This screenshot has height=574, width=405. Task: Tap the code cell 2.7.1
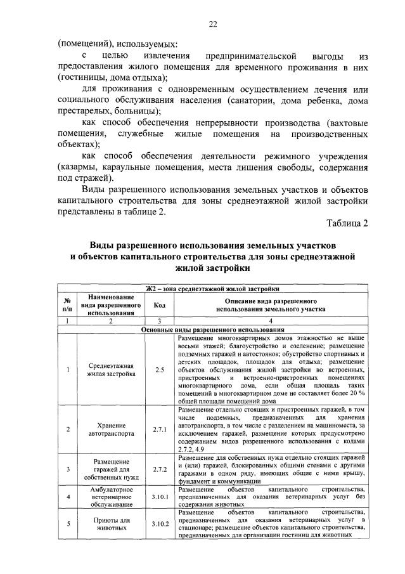point(159,429)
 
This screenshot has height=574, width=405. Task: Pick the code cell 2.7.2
point(159,469)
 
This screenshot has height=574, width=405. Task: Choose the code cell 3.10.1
point(159,497)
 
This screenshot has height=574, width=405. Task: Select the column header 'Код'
point(159,304)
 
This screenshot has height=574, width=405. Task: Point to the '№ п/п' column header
point(67,304)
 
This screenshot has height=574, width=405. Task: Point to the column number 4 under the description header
point(271,321)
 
